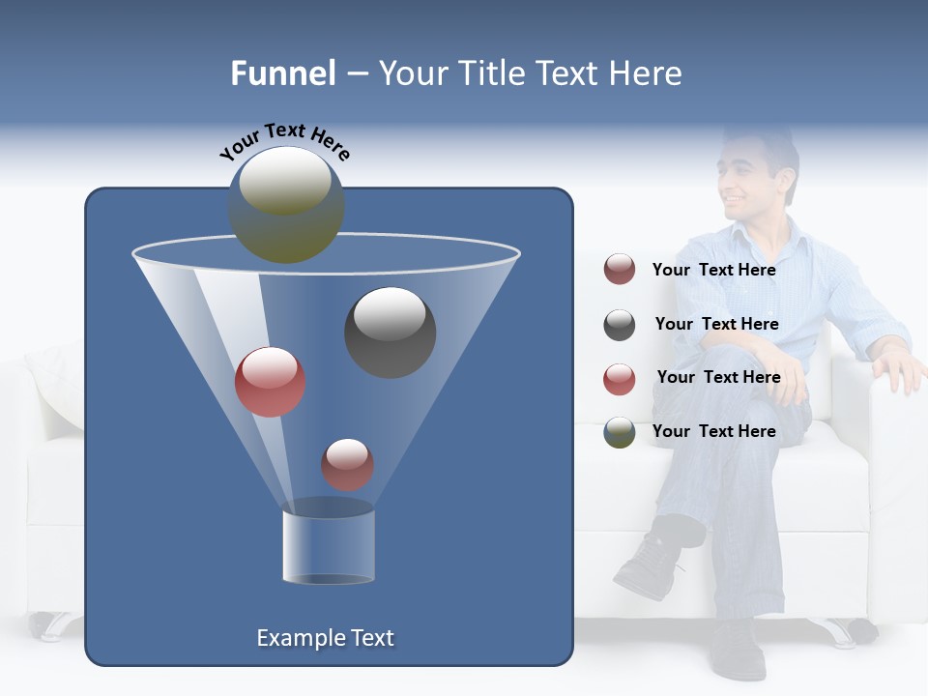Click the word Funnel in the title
283,73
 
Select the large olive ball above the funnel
286,204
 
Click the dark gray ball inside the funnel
390,332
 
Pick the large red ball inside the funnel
270,382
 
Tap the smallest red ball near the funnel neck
347,464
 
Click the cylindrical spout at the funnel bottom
328,544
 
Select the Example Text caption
325,638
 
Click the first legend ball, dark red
620,270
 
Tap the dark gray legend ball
620,325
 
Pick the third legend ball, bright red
620,379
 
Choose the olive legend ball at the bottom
620,432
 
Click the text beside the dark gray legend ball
716,324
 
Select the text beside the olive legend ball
713,431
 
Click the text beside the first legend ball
713,270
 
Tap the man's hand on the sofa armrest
899,368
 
